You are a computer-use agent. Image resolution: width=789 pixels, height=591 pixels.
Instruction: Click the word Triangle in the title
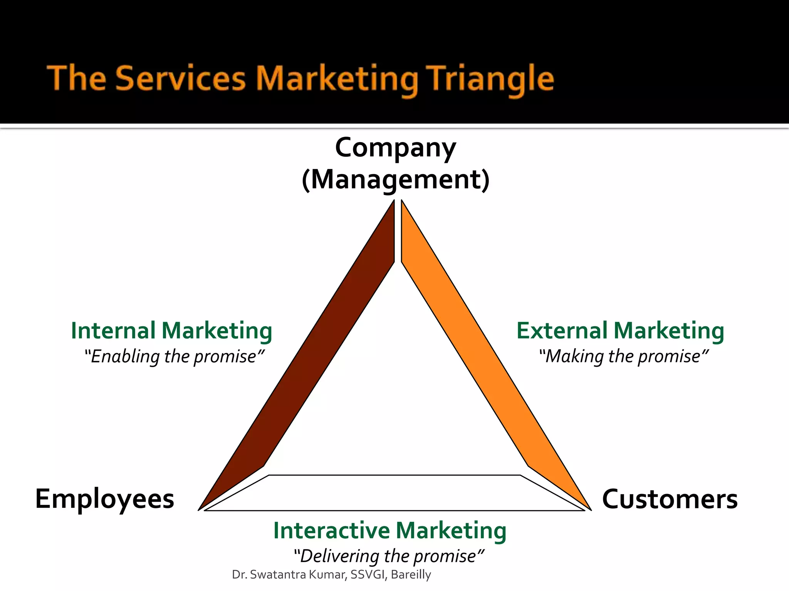coord(491,79)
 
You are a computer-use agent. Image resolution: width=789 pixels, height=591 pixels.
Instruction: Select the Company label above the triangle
coord(395,148)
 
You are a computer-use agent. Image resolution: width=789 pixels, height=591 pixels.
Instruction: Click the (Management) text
coord(395,180)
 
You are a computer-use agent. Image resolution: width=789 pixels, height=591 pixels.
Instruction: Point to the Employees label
coord(104,499)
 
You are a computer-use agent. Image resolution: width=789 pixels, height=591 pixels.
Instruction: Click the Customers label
coord(670,499)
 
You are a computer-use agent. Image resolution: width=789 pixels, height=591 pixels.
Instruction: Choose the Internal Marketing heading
coord(171,331)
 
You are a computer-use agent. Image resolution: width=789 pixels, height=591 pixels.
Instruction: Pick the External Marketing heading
coord(620,331)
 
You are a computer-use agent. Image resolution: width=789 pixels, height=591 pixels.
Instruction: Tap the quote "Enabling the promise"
coord(174,356)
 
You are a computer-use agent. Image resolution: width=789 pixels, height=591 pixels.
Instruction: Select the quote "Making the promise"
coord(623,356)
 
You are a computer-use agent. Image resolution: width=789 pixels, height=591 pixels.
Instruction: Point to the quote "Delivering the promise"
coord(389,556)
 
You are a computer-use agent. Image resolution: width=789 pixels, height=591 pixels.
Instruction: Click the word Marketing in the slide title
coord(337,79)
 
